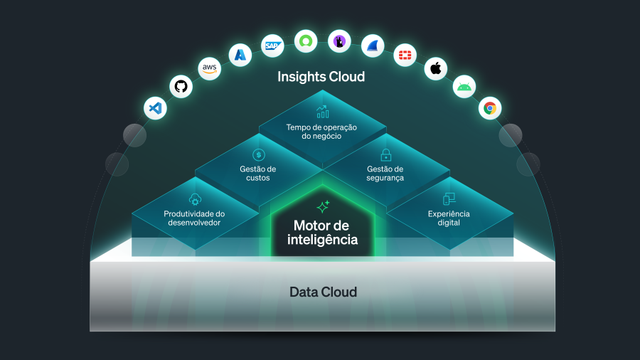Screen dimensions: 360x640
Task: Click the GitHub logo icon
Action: click(x=181, y=87)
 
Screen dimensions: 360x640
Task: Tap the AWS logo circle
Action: click(x=209, y=68)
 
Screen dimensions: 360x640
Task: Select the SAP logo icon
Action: click(x=272, y=46)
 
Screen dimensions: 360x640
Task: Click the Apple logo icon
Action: click(x=436, y=69)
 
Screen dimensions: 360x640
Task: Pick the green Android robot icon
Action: click(x=464, y=87)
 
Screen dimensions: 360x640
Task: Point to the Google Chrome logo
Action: click(x=489, y=108)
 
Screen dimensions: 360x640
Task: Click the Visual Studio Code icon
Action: click(x=155, y=109)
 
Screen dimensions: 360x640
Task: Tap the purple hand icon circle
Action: click(x=339, y=41)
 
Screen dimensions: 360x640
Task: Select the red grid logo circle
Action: click(x=405, y=55)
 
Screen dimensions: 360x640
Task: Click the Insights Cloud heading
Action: click(x=321, y=77)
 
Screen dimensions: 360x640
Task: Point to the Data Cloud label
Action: click(x=323, y=292)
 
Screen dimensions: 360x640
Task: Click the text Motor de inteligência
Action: click(x=322, y=233)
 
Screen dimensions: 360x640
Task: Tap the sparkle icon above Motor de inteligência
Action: click(x=323, y=207)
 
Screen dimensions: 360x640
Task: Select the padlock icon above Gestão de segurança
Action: click(x=385, y=154)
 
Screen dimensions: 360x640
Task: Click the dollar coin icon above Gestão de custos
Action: click(x=258, y=154)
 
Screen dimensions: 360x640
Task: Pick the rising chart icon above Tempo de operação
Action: click(x=322, y=112)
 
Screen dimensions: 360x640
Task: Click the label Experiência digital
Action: click(x=449, y=218)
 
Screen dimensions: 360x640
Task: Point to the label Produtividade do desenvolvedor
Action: click(x=194, y=218)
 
